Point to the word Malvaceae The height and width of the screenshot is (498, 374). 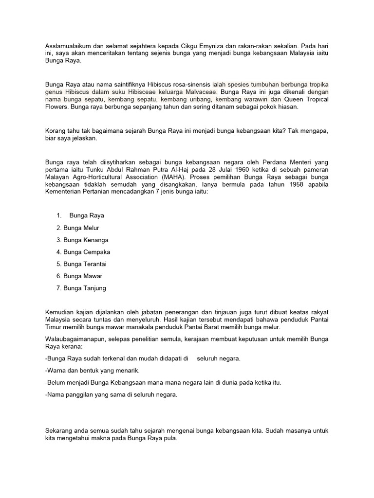pyautogui.click(x=199, y=91)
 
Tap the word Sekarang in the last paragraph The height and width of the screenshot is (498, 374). pyautogui.click(x=60, y=430)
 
